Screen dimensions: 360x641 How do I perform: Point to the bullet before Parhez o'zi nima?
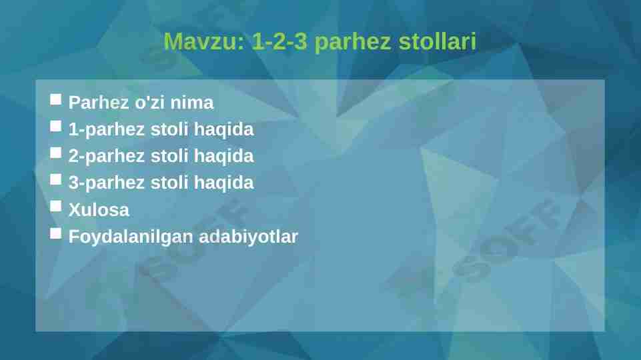coord(55,100)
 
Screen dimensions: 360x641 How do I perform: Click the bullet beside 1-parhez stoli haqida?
coord(55,126)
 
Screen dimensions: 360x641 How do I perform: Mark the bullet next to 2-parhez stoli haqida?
coord(55,153)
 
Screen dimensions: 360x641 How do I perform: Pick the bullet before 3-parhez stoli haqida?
coord(55,179)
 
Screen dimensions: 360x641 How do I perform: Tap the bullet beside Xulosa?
coord(55,206)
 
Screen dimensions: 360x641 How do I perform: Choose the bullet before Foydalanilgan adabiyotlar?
coord(55,233)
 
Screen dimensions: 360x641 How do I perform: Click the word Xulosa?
coord(99,210)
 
